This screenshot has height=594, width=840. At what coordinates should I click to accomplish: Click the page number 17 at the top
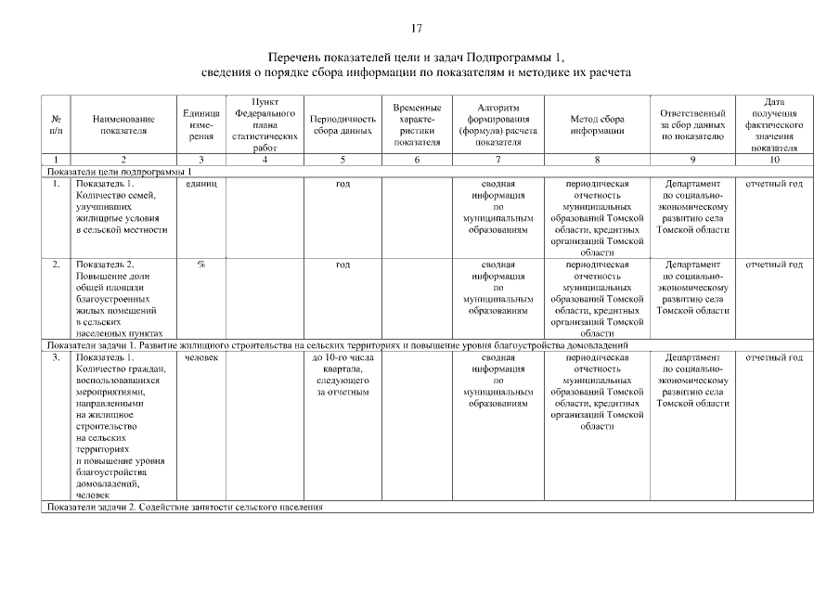[x=418, y=27]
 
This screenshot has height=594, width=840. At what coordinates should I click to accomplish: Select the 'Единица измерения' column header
[x=200, y=124]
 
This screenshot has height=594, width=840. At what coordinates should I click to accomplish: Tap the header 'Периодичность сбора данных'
[x=342, y=124]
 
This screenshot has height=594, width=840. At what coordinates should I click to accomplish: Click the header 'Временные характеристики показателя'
[x=417, y=124]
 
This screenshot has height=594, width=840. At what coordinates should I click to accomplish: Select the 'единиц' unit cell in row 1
[x=200, y=184]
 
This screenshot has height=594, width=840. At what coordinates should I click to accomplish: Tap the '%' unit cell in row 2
[x=200, y=265]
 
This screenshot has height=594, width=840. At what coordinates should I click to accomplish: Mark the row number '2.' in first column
[x=56, y=265]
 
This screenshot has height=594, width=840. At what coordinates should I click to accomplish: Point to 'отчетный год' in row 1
[x=774, y=184]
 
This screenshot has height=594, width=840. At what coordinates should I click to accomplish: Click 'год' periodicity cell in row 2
[x=342, y=265]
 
